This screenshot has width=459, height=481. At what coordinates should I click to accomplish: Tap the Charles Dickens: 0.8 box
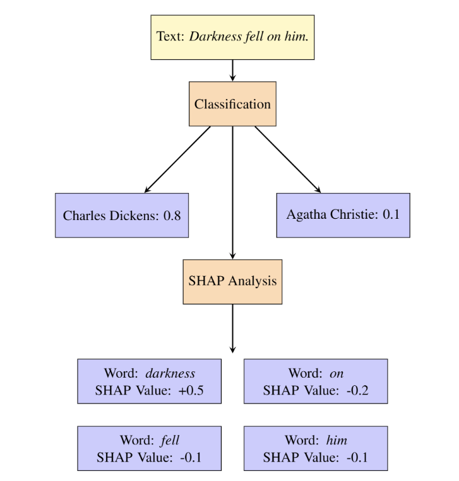121,215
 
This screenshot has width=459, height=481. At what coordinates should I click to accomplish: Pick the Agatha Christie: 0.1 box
343,215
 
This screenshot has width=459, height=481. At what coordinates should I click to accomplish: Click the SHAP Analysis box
233,281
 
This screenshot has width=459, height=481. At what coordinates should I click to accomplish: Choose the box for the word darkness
150,381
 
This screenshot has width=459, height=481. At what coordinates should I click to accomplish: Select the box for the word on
315,381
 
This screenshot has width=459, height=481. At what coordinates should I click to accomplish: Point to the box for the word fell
150,448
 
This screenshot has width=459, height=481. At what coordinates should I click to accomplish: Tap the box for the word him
315,448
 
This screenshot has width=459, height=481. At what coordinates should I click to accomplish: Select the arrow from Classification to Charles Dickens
178,159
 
